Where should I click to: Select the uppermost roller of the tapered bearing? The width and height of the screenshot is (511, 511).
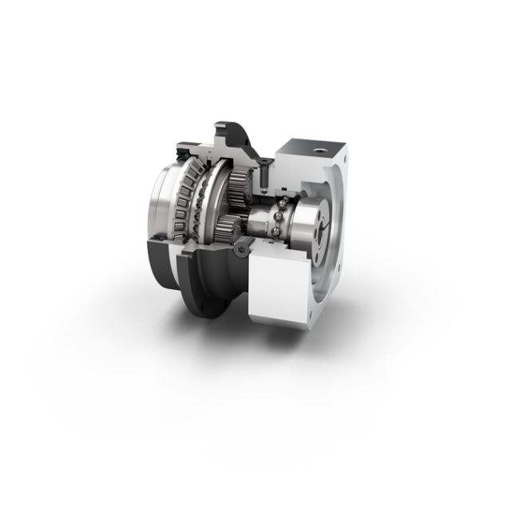tap(196, 164)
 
